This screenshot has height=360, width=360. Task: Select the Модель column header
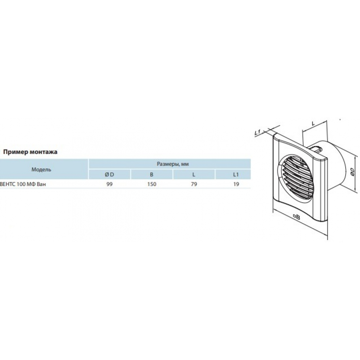[x=41, y=170]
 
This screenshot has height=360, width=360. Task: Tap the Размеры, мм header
[x=173, y=164]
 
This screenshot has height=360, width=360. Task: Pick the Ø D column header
[x=109, y=175]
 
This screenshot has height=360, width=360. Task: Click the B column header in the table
[x=152, y=175]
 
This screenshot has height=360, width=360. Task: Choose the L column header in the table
[x=194, y=175]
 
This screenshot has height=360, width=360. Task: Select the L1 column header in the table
[x=236, y=175]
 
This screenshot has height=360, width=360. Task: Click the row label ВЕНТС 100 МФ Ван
[x=23, y=184]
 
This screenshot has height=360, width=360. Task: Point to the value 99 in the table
[x=109, y=184]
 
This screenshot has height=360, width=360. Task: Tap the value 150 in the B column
[x=152, y=184]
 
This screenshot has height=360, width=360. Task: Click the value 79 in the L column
[x=194, y=184]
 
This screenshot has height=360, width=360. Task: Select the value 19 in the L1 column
[x=236, y=184]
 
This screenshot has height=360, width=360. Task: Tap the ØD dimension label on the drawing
[x=353, y=172]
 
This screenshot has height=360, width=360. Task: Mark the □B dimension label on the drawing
[x=297, y=216]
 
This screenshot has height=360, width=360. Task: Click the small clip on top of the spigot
[x=318, y=149]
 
